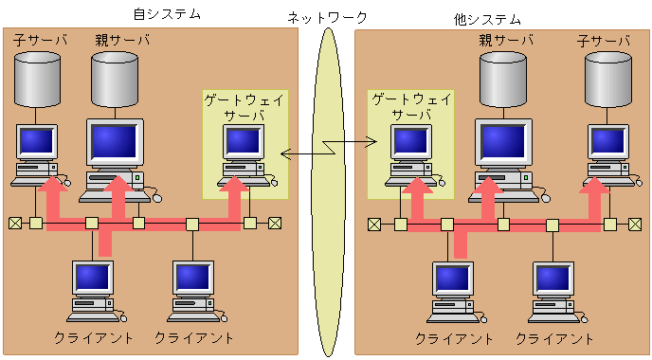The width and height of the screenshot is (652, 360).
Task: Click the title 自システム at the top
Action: [168, 14]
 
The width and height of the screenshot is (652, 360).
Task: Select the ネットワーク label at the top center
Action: [327, 17]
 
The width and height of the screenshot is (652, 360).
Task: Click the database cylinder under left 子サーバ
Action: [38, 80]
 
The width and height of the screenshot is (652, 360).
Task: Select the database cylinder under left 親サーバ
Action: [115, 80]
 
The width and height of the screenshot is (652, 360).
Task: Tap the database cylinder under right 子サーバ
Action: [607, 80]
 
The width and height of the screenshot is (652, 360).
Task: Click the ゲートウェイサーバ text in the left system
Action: [244, 105]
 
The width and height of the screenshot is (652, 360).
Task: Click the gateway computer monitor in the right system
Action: [412, 142]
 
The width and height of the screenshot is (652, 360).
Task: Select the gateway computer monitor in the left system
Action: [244, 142]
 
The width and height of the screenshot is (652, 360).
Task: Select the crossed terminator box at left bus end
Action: [15, 224]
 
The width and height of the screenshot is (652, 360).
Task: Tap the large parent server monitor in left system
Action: [114, 142]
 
